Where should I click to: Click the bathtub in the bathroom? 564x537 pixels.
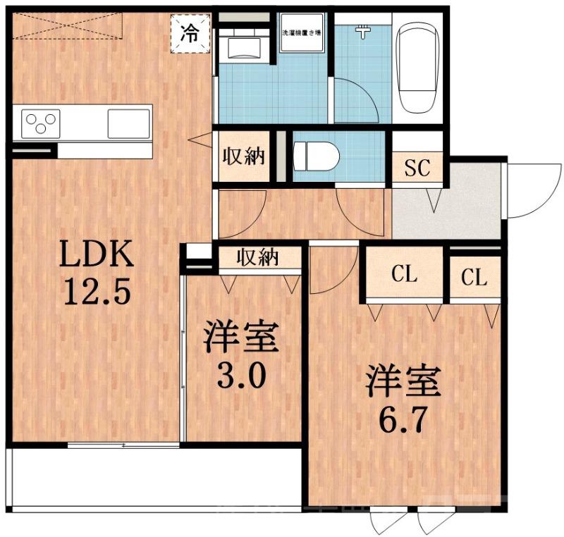(x=417, y=68)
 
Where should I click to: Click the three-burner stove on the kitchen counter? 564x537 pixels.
(x=42, y=125)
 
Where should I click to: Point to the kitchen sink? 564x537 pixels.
(x=128, y=125)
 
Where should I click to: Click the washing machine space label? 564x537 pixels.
(x=302, y=32)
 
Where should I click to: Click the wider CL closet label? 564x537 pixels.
(x=404, y=276)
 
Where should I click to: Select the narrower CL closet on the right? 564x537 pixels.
(x=474, y=278)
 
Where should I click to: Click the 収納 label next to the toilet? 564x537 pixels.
(x=244, y=156)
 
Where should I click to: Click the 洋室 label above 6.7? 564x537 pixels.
(x=403, y=381)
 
